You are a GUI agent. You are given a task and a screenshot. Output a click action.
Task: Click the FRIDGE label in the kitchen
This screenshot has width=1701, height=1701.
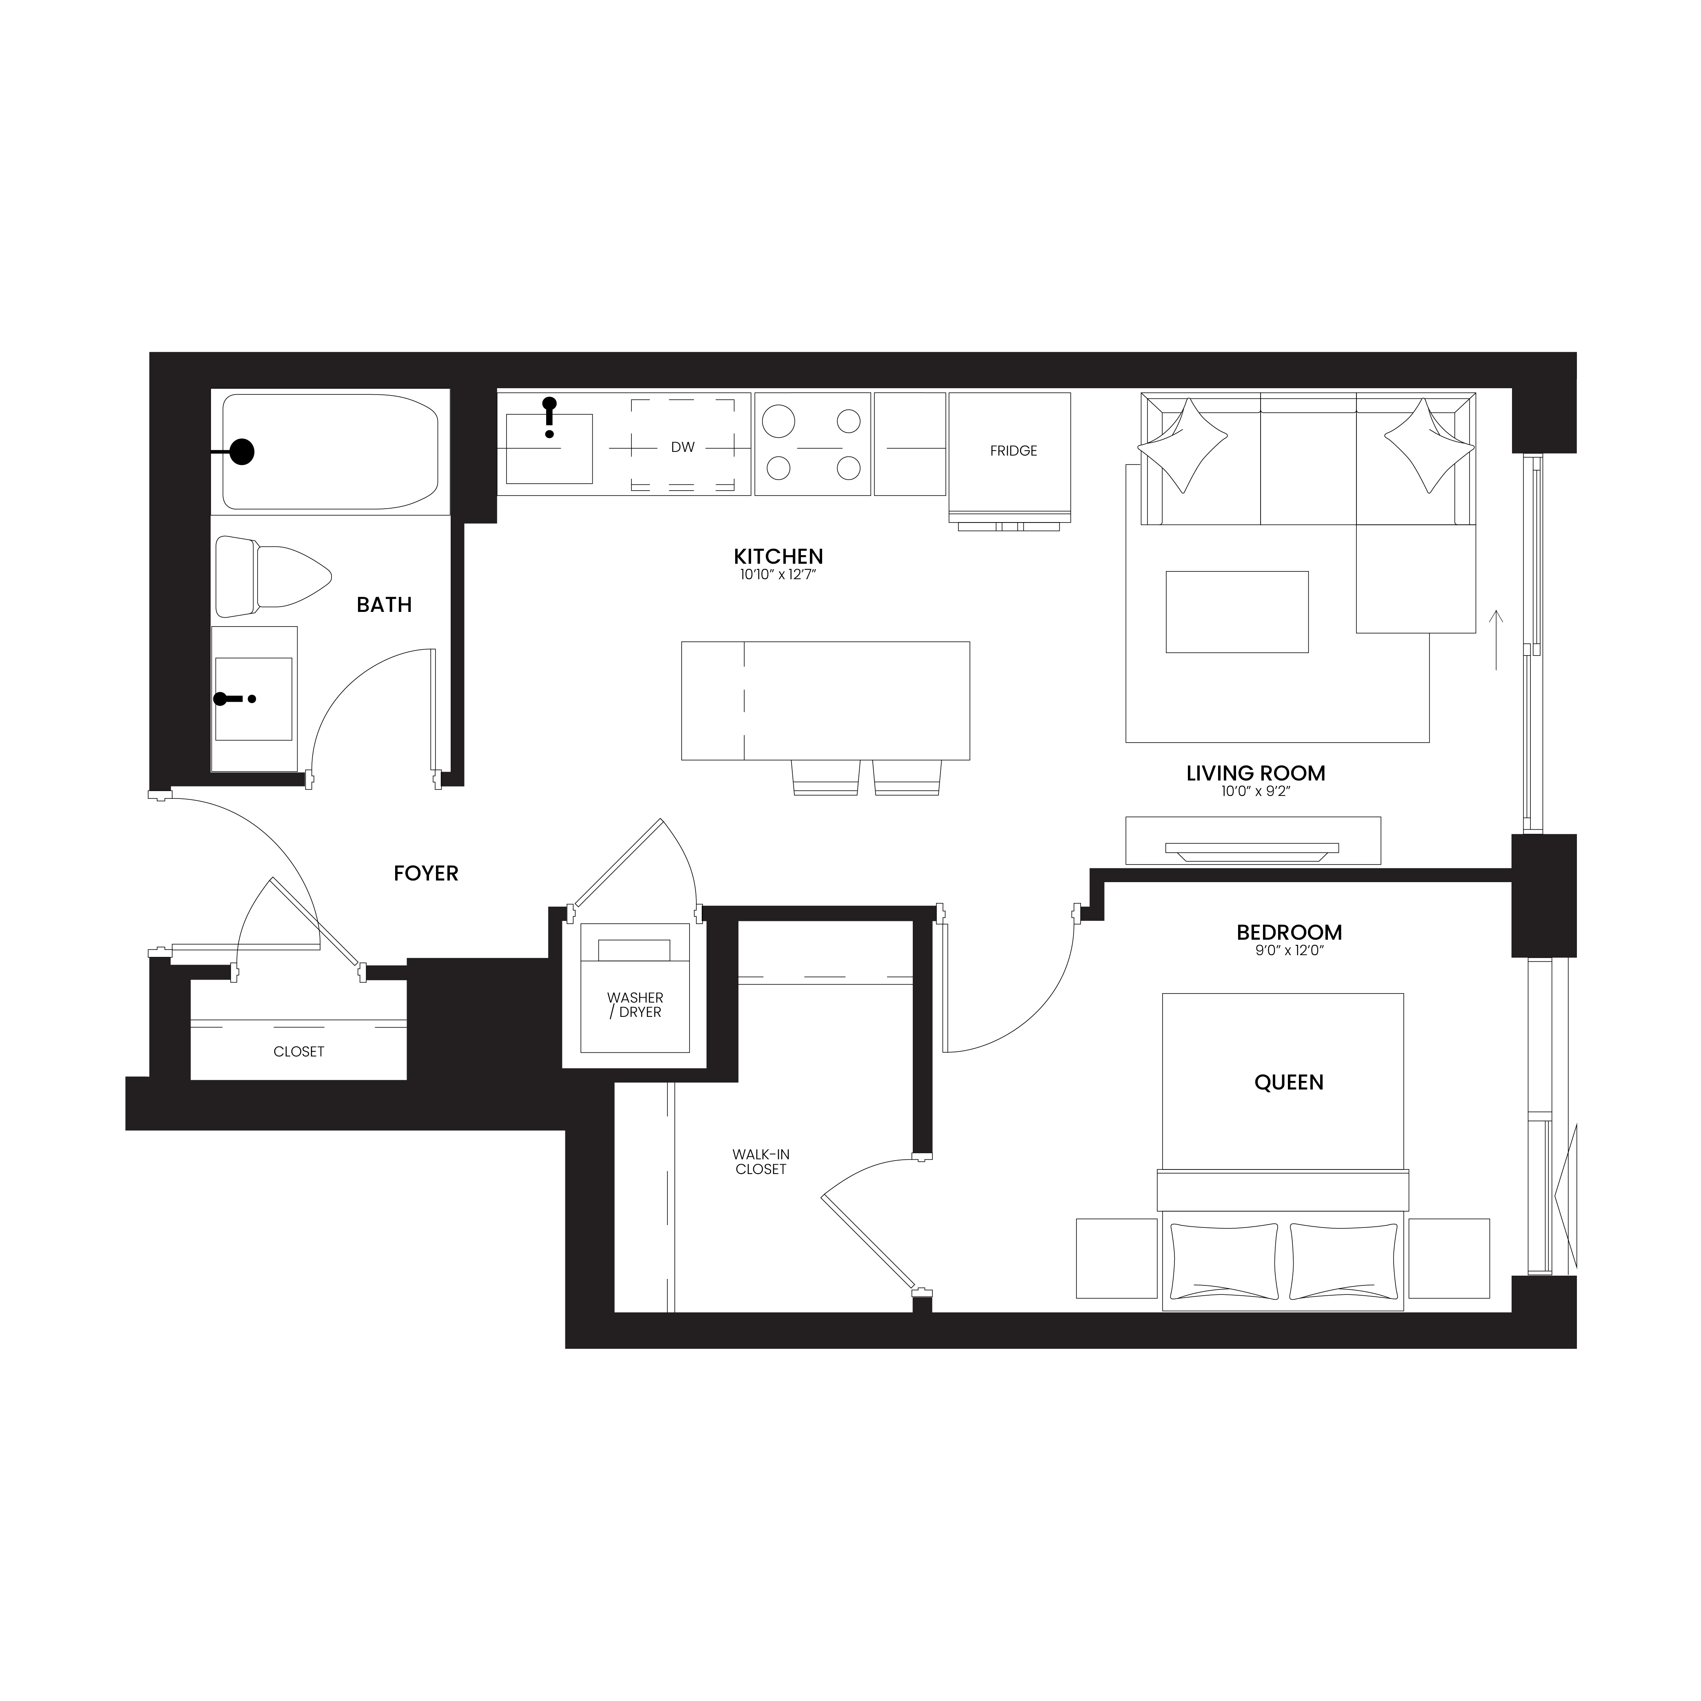[x=1014, y=451]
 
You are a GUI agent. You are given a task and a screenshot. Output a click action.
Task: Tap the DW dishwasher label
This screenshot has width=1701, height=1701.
[x=683, y=447]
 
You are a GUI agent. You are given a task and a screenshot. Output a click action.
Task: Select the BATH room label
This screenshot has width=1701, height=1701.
[x=384, y=605]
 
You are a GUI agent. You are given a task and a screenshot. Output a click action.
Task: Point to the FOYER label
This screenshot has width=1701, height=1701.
[x=426, y=874]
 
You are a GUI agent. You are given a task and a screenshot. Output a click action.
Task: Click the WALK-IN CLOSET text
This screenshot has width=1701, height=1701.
[x=761, y=1162]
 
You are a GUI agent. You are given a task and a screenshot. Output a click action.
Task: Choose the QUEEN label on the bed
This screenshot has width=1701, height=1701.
[x=1289, y=1082]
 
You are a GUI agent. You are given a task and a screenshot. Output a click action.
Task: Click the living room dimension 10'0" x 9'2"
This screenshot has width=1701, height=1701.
[x=1256, y=792]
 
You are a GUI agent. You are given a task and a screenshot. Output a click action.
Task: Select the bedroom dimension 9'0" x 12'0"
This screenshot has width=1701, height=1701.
[x=1289, y=951]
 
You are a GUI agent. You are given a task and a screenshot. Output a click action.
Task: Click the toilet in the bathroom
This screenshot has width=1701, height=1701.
[x=273, y=577]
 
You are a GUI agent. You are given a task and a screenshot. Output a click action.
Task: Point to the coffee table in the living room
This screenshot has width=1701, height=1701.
[x=1237, y=612]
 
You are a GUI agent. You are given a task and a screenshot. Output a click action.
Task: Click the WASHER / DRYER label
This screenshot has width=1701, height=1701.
[x=635, y=1005]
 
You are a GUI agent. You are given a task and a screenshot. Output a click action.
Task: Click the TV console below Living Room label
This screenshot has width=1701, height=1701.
[x=1253, y=841]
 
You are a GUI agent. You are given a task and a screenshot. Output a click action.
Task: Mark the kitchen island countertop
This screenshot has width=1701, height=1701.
[x=826, y=701]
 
